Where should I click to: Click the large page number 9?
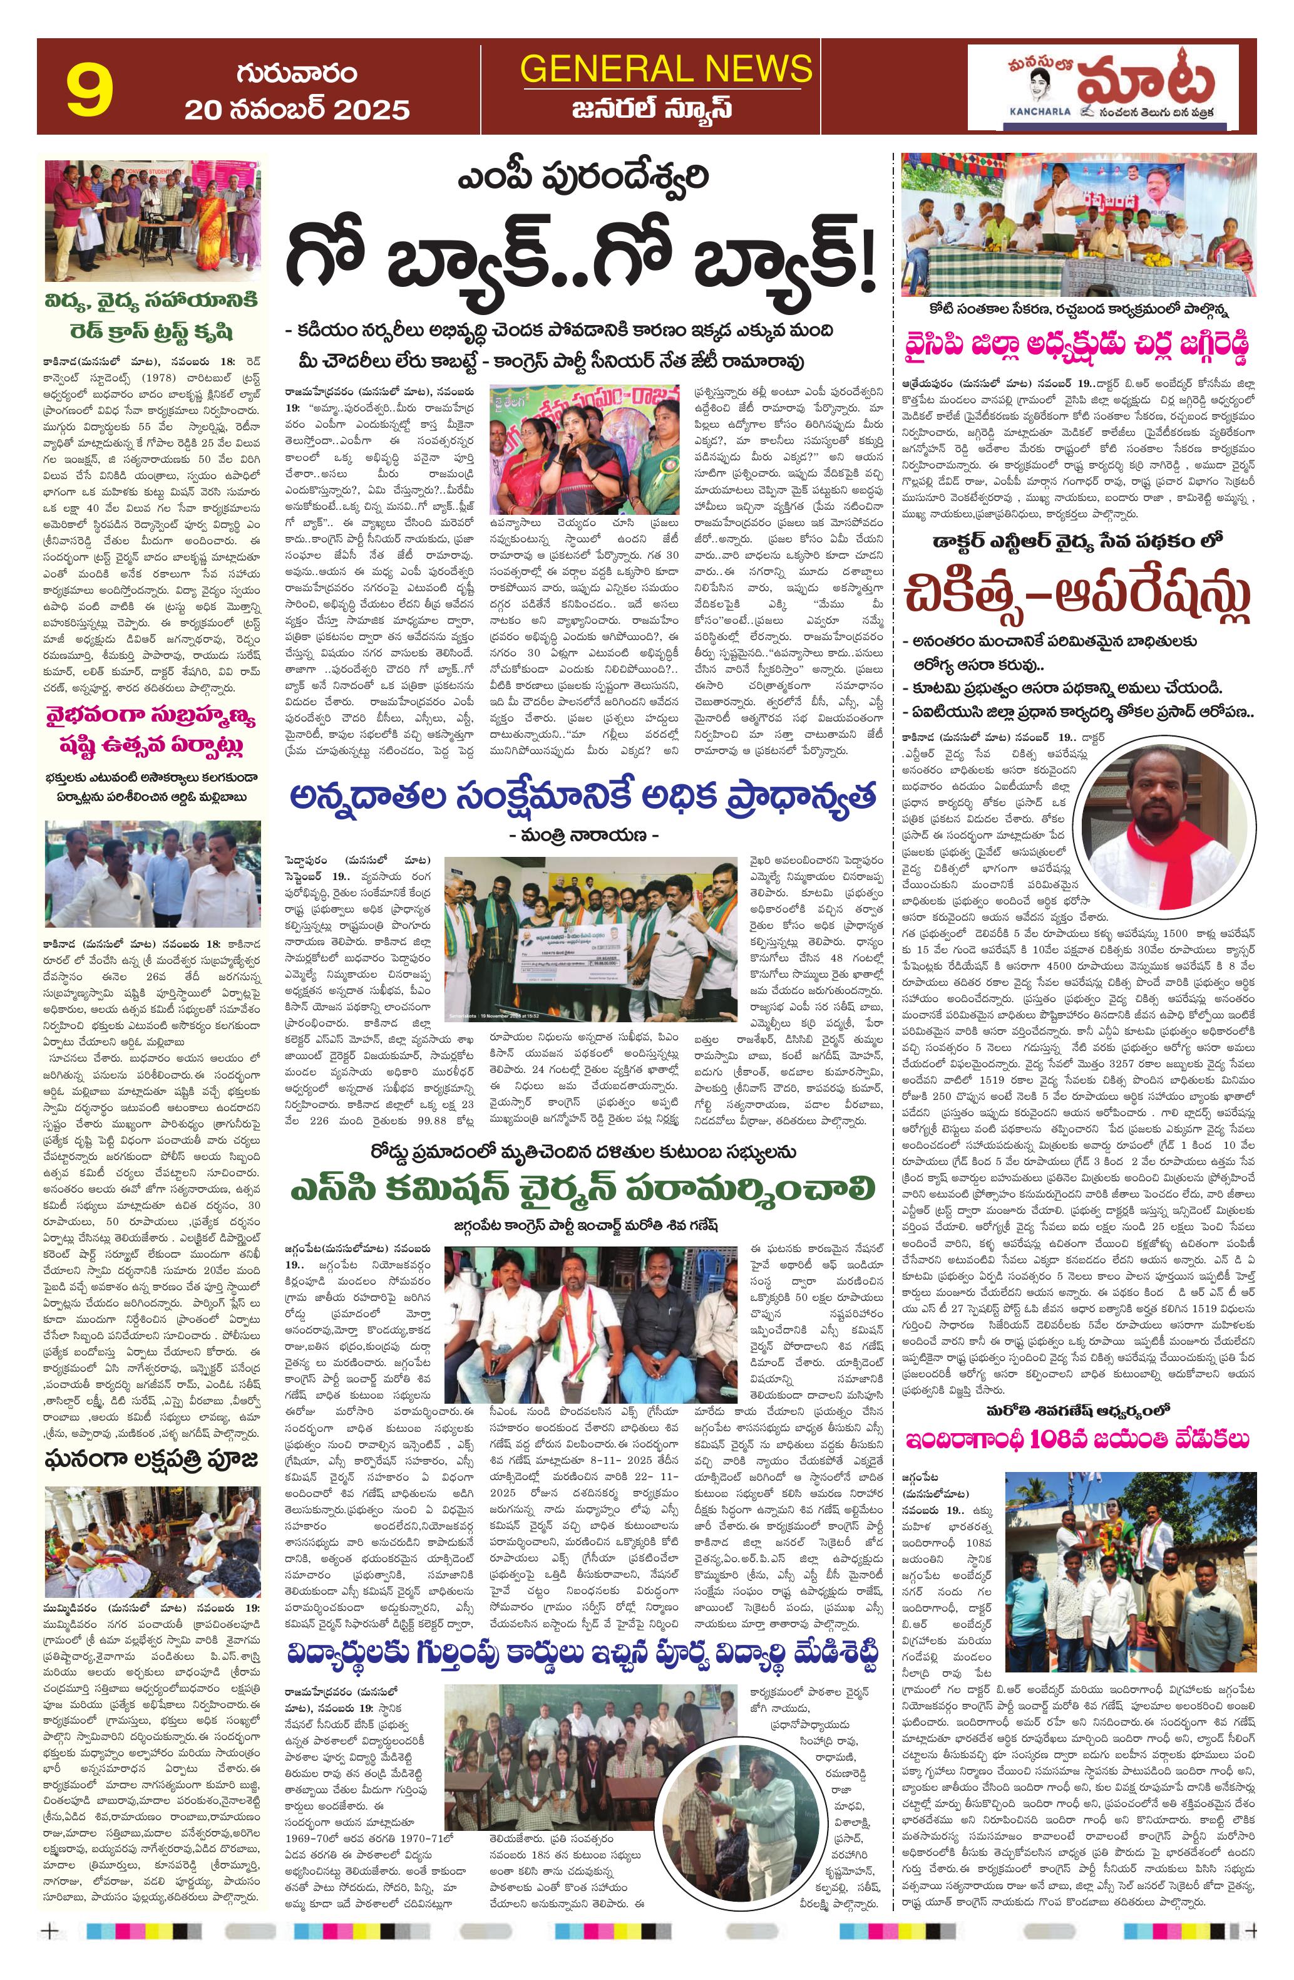[x=89, y=91]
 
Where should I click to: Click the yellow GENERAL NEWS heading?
[x=665, y=68]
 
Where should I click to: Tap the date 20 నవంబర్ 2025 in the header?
[x=297, y=110]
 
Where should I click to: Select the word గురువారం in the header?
[x=297, y=73]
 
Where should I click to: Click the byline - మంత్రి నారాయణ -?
[x=582, y=834]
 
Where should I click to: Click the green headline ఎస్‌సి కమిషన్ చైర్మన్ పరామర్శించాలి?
[x=582, y=1187]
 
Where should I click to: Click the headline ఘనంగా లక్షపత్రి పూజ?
[x=152, y=1458]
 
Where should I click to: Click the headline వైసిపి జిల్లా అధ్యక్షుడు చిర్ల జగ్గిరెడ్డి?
[x=1078, y=345]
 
